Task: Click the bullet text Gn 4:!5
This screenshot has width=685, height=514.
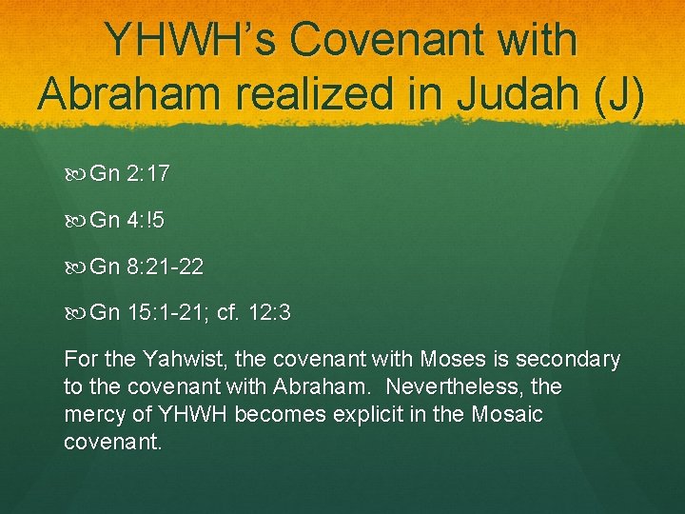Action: (x=127, y=221)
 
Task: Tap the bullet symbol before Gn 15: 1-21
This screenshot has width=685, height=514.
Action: (x=77, y=312)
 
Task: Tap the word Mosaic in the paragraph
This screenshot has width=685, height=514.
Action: (x=506, y=415)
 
